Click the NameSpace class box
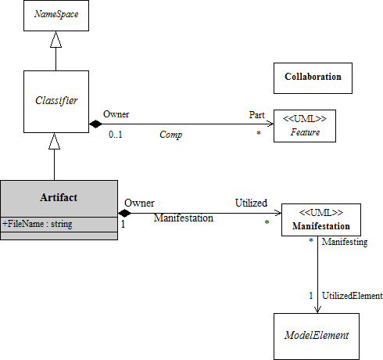[56, 16]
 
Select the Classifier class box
[56, 102]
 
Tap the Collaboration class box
[313, 78]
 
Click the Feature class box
[305, 126]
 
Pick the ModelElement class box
[317, 337]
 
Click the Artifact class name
[59, 197]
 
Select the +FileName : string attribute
[38, 224]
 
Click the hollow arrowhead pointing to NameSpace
[55, 39]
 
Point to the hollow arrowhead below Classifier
[54, 141]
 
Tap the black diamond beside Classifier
[95, 124]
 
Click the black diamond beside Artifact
[124, 213]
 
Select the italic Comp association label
[170, 135]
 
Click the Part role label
[256, 115]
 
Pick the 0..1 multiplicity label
[116, 135]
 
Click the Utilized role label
[251, 203]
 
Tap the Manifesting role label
[345, 242]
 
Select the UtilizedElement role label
[353, 296]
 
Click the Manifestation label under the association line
[184, 218]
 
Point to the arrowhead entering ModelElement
[317, 310]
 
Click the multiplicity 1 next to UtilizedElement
[311, 296]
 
